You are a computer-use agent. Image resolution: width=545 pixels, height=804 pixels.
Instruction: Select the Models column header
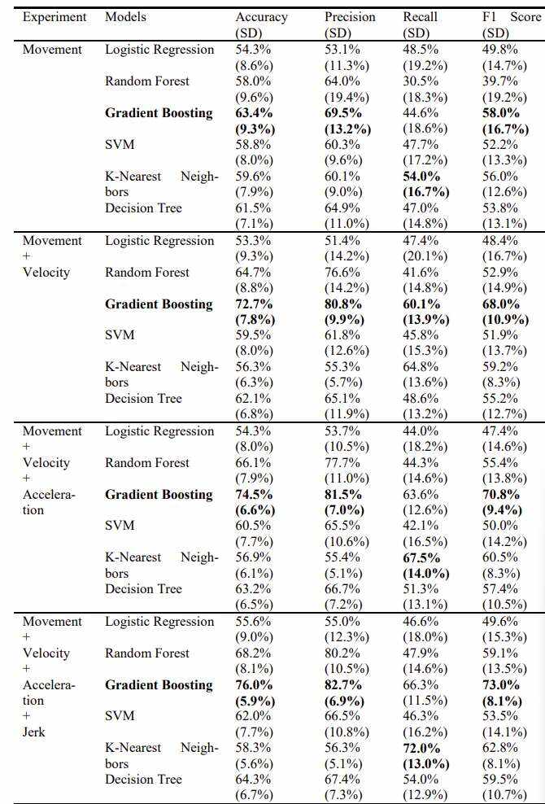click(x=125, y=17)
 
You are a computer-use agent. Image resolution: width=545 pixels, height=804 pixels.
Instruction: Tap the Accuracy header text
click(x=261, y=18)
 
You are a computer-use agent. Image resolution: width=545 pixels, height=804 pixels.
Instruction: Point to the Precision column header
click(x=350, y=17)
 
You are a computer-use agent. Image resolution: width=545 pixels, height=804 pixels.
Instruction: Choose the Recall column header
click(x=420, y=17)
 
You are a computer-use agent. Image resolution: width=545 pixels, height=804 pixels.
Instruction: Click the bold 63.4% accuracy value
click(x=253, y=113)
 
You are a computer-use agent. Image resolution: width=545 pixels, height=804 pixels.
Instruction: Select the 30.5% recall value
click(x=421, y=81)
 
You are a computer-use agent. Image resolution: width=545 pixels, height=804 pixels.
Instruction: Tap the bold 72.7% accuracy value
click(x=253, y=304)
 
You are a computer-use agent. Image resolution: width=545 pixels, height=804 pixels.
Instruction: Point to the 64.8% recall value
click(x=421, y=367)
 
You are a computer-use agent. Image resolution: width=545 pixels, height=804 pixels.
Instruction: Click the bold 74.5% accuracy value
click(x=253, y=494)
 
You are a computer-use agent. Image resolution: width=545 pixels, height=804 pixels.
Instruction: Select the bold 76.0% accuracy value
click(x=253, y=684)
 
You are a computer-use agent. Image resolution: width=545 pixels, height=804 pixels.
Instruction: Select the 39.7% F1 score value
click(x=499, y=81)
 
